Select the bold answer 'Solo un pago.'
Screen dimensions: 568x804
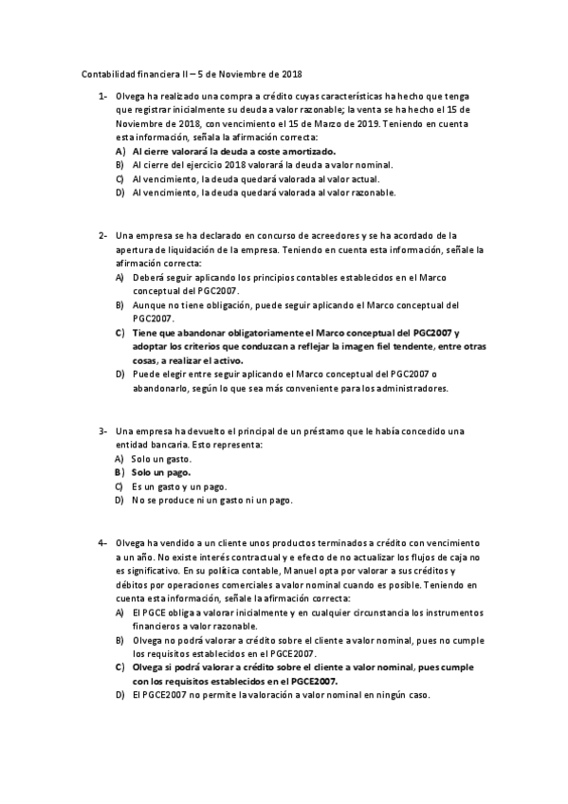(x=161, y=472)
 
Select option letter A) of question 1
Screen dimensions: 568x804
(x=119, y=151)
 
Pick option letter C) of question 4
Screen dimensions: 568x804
(x=119, y=667)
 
